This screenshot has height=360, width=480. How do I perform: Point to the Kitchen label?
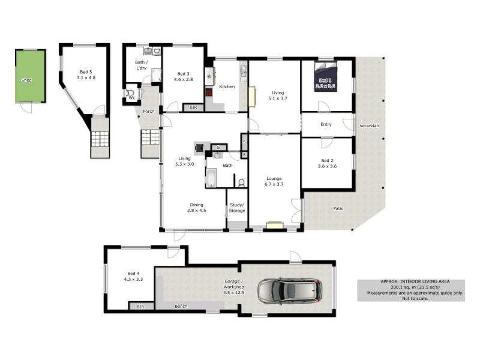[x=227, y=87]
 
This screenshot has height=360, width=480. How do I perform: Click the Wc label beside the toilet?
[x=131, y=98]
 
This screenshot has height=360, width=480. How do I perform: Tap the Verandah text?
[x=369, y=126]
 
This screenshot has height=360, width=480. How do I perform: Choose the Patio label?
[x=339, y=209]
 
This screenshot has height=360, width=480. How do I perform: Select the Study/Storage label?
[x=237, y=208]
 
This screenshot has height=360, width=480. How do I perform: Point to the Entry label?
[x=326, y=125]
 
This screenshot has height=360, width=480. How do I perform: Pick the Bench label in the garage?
[x=181, y=307]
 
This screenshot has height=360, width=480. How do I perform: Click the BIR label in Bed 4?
[x=141, y=307]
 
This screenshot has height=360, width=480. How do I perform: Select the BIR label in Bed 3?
[x=193, y=107]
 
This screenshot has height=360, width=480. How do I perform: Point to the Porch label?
[x=149, y=112]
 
